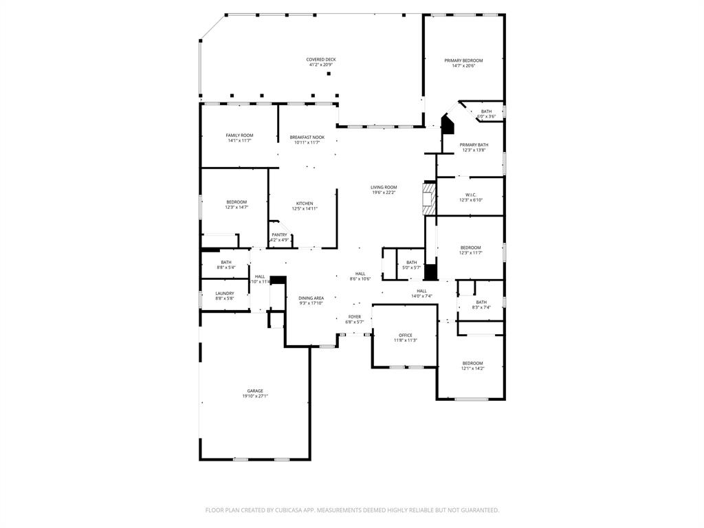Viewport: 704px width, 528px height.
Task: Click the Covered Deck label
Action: (321, 60)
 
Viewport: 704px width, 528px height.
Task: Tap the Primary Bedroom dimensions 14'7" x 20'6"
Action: (463, 66)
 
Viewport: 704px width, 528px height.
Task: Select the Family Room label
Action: (239, 135)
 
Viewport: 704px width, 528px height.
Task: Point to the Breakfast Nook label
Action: (307, 137)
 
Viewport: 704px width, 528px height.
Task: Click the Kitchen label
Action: (305, 203)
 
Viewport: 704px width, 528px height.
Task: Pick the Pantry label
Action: (279, 235)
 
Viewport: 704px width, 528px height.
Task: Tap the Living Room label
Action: (384, 187)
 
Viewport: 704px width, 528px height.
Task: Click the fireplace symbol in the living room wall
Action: (429, 197)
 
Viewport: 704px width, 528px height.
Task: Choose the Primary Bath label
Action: (474, 144)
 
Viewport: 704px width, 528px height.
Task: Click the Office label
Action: (405, 335)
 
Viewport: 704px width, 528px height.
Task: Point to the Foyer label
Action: (354, 317)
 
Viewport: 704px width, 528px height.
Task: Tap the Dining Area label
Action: (311, 298)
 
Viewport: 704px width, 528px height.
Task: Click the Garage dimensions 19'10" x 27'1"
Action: (255, 396)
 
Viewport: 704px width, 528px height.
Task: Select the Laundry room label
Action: (225, 294)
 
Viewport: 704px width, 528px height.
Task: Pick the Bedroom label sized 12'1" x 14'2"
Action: (472, 363)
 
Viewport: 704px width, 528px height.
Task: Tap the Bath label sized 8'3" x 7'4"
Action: (481, 302)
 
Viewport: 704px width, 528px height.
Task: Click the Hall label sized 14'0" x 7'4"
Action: (421, 291)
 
